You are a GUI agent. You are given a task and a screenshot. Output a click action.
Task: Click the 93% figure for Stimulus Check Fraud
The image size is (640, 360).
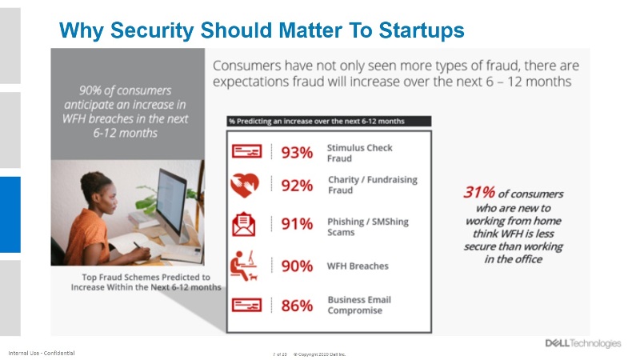297,152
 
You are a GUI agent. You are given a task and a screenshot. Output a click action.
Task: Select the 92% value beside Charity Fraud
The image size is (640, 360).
297,186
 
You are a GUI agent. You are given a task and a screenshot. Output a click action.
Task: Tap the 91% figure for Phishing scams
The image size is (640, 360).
297,223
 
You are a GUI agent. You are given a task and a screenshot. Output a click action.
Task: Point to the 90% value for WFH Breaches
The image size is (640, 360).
297,266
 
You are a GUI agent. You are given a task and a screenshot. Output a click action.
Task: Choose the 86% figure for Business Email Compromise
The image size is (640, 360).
297,305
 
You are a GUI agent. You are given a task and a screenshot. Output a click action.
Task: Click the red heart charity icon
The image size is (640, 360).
245,186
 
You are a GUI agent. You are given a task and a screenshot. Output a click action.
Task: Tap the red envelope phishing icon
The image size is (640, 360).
244,223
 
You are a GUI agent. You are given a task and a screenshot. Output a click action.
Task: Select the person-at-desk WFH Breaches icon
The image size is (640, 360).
245,265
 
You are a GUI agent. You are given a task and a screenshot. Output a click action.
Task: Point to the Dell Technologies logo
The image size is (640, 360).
582,343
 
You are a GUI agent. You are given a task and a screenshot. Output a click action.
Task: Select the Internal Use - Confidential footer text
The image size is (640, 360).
42,353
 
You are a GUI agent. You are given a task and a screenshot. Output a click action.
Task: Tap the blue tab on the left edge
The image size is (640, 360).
10,214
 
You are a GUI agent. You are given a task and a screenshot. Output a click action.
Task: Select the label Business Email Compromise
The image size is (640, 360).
359,305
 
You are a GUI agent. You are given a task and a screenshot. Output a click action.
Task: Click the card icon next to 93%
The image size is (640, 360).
245,152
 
